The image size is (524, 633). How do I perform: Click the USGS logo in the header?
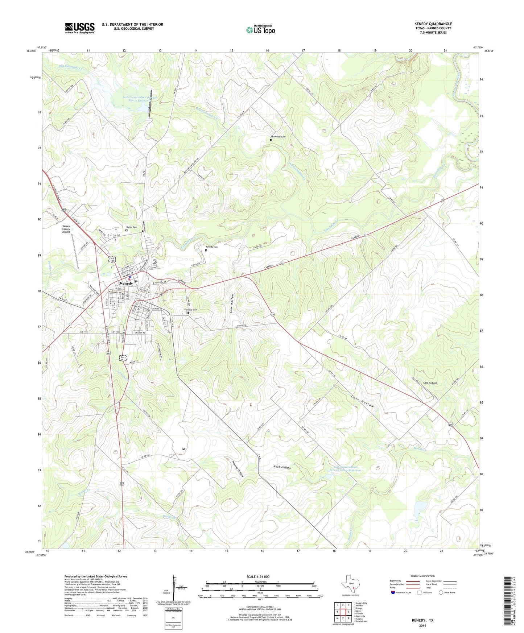coord(80,28)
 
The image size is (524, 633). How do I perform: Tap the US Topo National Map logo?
coord(260,30)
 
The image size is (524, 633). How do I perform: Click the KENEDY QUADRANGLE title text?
coord(433,24)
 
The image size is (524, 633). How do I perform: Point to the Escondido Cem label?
coord(278,137)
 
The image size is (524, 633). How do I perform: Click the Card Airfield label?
coord(430,383)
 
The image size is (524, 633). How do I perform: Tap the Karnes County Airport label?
coord(66,229)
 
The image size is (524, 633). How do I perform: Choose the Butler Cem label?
coord(132,227)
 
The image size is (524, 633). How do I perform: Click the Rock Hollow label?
coord(282,468)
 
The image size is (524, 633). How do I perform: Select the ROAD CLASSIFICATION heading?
coord(422,576)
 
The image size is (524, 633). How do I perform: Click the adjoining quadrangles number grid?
coord(342,612)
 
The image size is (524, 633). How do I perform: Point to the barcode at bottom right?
coord(508,602)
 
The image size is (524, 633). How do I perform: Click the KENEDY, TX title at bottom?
coord(422,620)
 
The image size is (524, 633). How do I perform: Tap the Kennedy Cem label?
coord(191,310)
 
